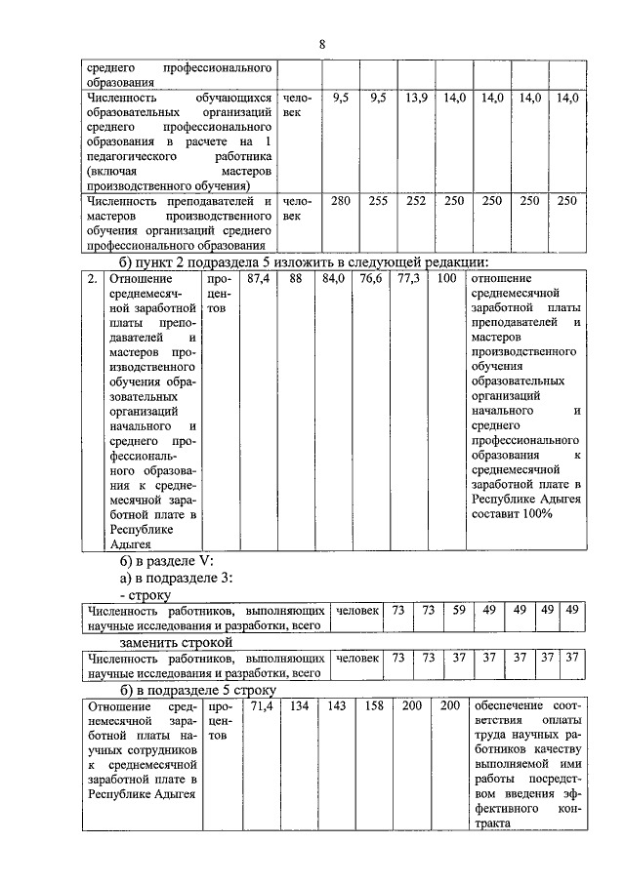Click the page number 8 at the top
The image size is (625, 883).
click(x=321, y=43)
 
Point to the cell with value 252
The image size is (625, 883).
click(x=417, y=200)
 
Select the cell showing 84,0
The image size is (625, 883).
click(x=334, y=279)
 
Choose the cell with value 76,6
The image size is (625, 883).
click(x=370, y=279)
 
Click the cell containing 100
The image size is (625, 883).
click(x=446, y=279)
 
